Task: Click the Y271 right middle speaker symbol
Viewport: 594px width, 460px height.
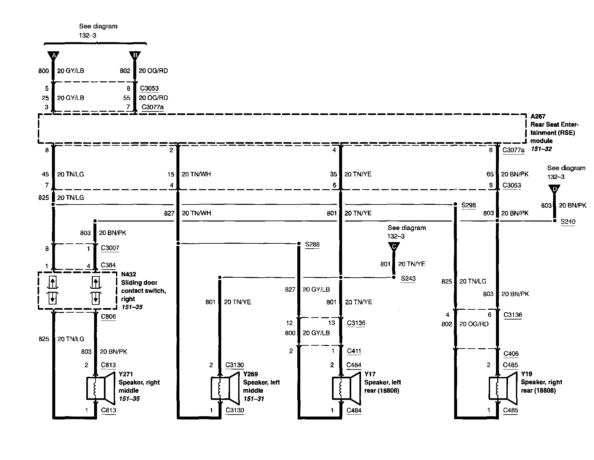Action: click(100, 387)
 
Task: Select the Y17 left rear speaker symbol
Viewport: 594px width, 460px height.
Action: click(346, 388)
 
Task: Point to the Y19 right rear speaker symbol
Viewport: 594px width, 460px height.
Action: click(503, 388)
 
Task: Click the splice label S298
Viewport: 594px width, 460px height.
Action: click(469, 205)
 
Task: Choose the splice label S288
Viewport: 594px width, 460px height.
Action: click(312, 244)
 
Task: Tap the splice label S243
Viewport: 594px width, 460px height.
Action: click(408, 278)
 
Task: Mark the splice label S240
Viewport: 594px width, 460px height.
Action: click(568, 222)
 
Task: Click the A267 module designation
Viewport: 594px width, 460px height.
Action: click(538, 116)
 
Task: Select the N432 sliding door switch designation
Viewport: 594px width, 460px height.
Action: click(128, 274)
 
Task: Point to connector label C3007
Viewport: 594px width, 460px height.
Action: click(110, 248)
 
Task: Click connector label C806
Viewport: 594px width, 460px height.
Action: click(108, 316)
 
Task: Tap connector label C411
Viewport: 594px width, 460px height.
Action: click(354, 351)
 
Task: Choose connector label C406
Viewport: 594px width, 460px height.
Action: click(511, 353)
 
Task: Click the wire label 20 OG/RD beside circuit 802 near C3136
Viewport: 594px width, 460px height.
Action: click(474, 324)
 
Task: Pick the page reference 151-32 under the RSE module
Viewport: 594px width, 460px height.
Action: click(541, 149)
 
